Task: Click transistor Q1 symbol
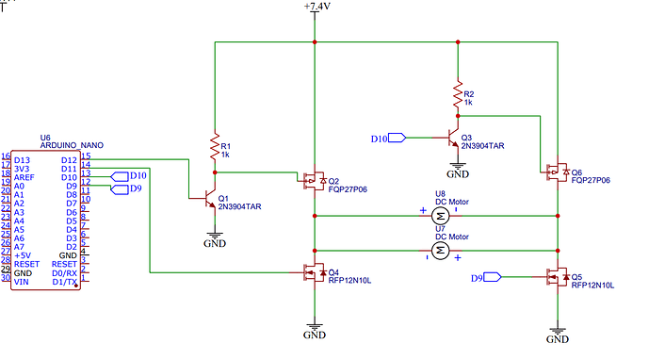pyautogui.click(x=210, y=200)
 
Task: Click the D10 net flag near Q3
pyautogui.click(x=390, y=139)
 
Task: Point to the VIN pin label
pyautogui.click(x=22, y=281)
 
